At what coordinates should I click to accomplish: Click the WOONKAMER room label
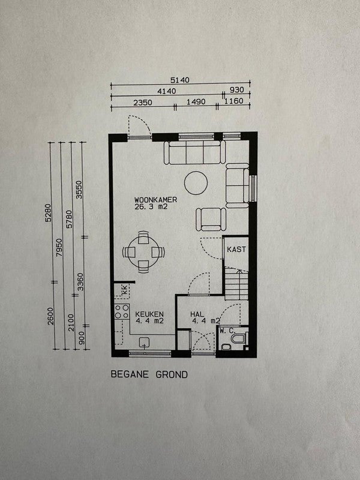[x=155, y=200]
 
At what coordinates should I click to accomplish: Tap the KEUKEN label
[x=149, y=314]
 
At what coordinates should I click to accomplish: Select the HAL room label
[x=197, y=314]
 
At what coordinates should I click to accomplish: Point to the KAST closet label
[x=236, y=249]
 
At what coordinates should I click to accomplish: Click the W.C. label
[x=227, y=331]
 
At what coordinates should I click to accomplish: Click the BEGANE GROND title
[x=149, y=374]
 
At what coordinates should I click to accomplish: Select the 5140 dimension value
[x=180, y=80]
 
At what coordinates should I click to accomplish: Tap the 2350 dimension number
[x=143, y=102]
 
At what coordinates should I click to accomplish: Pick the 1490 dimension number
[x=196, y=101]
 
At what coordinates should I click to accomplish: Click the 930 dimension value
[x=237, y=89]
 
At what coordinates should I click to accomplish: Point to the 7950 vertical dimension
[x=59, y=248]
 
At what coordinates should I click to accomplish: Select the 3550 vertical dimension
[x=79, y=190]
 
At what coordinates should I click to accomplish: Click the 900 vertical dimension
[x=82, y=338]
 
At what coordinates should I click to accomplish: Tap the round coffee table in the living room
[x=196, y=183]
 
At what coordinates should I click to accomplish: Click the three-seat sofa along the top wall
[x=194, y=152]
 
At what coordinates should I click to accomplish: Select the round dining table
[x=143, y=251]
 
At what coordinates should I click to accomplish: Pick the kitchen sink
[x=145, y=342]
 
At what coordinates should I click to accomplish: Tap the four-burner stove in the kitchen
[x=122, y=311]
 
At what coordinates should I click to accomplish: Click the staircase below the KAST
[x=236, y=284]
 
